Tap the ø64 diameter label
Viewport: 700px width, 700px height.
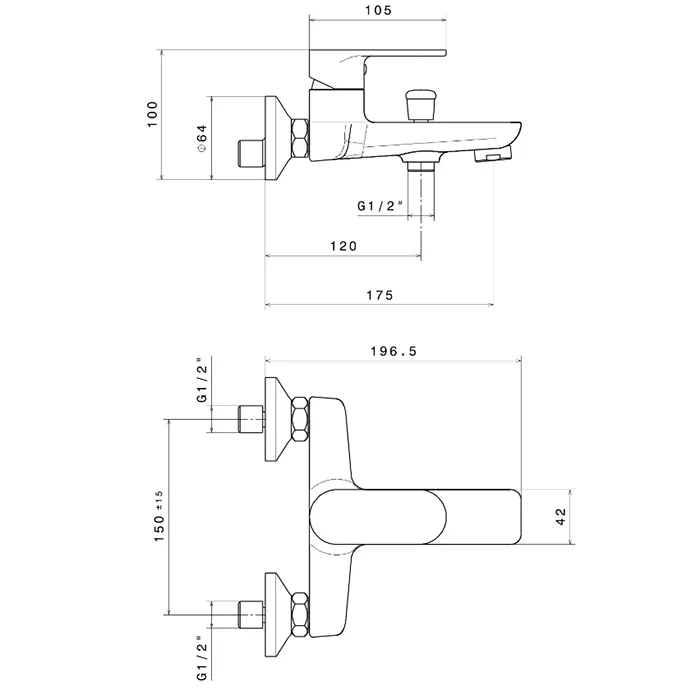pos(200,138)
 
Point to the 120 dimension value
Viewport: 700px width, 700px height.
pos(343,245)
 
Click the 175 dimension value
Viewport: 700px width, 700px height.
pos(379,295)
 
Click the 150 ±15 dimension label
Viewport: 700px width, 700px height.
pos(158,517)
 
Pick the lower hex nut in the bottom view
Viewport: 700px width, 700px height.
pos(300,612)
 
